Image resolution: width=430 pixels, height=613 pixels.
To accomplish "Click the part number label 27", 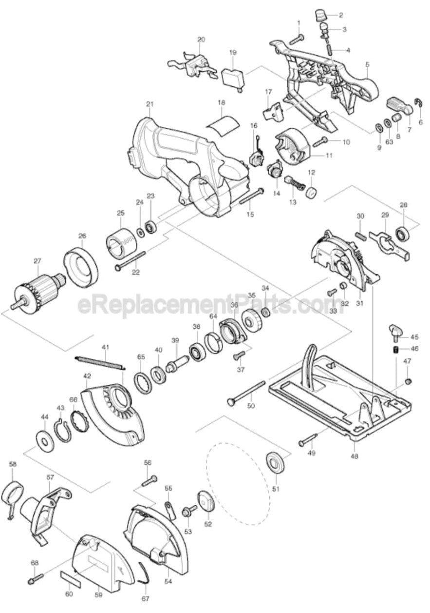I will click(x=37, y=261).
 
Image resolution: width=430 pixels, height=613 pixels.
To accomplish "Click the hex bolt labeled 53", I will click(x=187, y=511).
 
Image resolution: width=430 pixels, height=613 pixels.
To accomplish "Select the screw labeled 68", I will click(x=36, y=579).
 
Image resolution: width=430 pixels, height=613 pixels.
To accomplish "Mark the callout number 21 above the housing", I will click(x=150, y=104).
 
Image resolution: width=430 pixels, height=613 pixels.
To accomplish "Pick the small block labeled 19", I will click(x=233, y=77).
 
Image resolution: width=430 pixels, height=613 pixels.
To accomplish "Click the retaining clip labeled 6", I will click(x=418, y=101).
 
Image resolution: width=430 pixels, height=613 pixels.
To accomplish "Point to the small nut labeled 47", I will click(x=409, y=380).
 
